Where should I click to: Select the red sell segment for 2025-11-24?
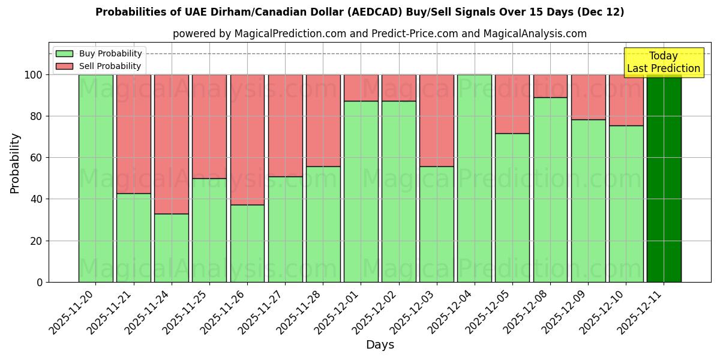pyautogui.click(x=172, y=144)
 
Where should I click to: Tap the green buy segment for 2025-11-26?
pyautogui.click(x=247, y=243)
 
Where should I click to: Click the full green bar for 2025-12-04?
pyautogui.click(x=475, y=178)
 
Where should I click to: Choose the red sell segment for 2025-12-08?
pyautogui.click(x=550, y=86)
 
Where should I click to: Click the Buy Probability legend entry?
pyautogui.click(x=99, y=53)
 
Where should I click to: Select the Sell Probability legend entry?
pyautogui.click(x=99, y=66)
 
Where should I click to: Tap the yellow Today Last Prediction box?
pyautogui.click(x=664, y=62)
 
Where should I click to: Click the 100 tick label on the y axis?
pyautogui.click(x=34, y=75)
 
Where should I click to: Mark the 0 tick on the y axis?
pyautogui.click(x=40, y=282)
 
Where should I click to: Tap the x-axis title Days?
pyautogui.click(x=380, y=345)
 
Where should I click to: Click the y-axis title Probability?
pyautogui.click(x=15, y=163)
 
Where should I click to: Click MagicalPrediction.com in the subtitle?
pyautogui.click(x=290, y=34)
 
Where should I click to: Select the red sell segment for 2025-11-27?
pyautogui.click(x=285, y=125)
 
